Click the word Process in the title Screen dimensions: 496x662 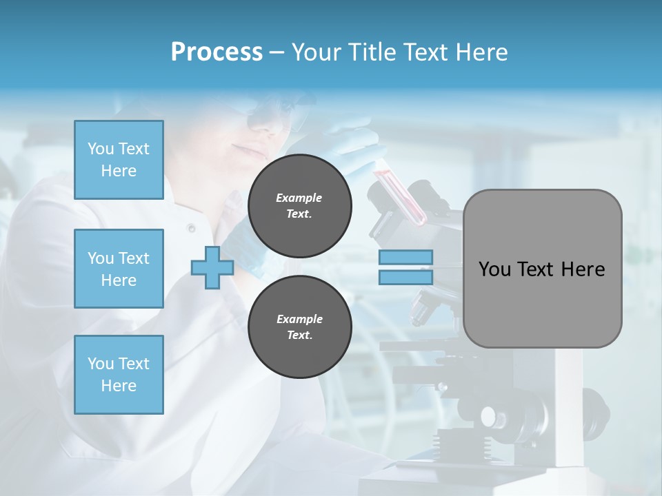coord(217,52)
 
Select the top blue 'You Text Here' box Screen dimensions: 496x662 coord(119,160)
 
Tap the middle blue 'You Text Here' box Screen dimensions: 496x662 coord(119,269)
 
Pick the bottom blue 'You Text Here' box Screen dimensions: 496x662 coord(119,375)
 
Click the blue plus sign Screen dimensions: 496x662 coord(212,267)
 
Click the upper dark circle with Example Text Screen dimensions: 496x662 coord(299,206)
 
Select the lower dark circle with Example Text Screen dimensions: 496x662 coord(299,327)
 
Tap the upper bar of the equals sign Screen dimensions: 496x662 coord(406,257)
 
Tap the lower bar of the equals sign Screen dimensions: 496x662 coord(406,277)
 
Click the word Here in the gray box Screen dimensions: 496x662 coord(583,269)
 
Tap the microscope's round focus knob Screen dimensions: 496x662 coord(489,416)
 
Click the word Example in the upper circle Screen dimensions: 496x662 coord(299,198)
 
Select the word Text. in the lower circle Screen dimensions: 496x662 coord(299,335)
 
